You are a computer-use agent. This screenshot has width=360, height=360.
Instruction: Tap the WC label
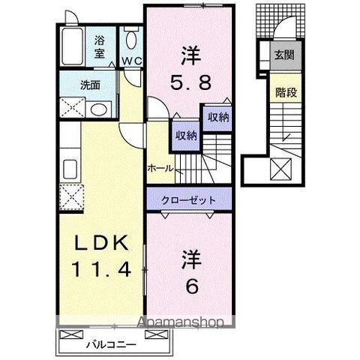(x=132, y=60)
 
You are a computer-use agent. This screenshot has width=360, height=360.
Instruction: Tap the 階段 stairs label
(x=284, y=95)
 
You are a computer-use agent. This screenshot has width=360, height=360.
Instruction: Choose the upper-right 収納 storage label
(x=217, y=118)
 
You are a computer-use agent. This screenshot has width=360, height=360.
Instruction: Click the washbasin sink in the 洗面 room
(x=97, y=109)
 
